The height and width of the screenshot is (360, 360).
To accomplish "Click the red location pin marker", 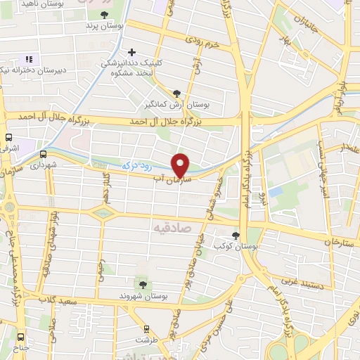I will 181,165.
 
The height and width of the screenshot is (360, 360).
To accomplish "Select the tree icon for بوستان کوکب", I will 235,236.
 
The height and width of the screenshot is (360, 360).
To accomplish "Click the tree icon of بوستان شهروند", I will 143,284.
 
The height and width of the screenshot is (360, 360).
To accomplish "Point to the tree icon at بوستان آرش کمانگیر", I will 176,94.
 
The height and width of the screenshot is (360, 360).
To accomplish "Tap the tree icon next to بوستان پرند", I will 105,15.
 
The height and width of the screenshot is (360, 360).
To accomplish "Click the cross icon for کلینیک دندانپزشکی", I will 131,51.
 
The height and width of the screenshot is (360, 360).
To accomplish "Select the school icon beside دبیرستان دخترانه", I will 29,60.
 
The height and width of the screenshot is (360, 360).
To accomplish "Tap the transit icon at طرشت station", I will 146,328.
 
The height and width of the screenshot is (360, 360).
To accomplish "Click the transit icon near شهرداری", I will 43,154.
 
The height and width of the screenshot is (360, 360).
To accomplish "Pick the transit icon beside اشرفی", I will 8,138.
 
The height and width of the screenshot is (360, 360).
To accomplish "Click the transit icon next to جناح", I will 20,337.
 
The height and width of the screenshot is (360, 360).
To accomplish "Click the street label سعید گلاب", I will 58,301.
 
